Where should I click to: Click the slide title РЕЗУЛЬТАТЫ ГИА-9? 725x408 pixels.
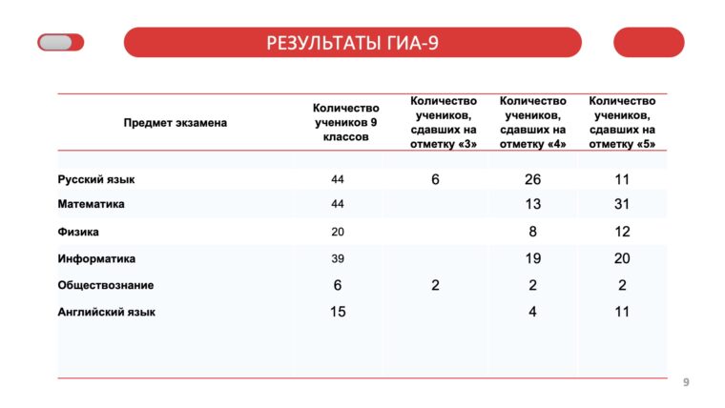(x=352, y=42)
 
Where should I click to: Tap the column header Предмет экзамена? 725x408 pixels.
(x=176, y=122)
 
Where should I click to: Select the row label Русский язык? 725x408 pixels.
(x=96, y=179)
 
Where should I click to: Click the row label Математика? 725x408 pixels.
(x=92, y=204)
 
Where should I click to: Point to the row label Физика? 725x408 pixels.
(x=78, y=232)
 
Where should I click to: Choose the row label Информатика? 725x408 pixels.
(x=96, y=258)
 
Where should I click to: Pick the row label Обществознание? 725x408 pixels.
(x=106, y=285)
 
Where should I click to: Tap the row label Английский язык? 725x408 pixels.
(x=107, y=312)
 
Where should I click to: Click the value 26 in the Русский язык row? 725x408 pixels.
(x=532, y=179)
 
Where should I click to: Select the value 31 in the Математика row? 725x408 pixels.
(x=622, y=204)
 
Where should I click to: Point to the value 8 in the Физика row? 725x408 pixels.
(x=532, y=232)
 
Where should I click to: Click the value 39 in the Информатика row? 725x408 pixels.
(x=338, y=258)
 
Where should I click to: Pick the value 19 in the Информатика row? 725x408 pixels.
(x=532, y=258)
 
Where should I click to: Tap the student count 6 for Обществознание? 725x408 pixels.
(x=338, y=285)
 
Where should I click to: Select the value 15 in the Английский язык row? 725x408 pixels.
(x=338, y=312)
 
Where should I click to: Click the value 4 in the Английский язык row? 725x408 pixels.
(x=532, y=312)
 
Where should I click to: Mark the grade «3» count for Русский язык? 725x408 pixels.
(x=435, y=179)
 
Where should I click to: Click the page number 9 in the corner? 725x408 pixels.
(x=685, y=382)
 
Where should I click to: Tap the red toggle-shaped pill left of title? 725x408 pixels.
(x=60, y=42)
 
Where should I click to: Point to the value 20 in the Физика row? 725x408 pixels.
(x=338, y=232)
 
